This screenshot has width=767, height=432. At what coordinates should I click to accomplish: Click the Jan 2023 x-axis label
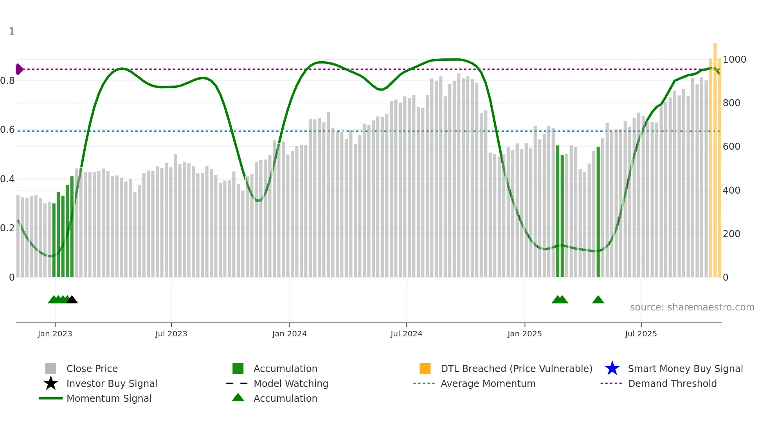coord(55,334)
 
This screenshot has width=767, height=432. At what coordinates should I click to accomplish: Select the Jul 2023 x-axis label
coord(171,334)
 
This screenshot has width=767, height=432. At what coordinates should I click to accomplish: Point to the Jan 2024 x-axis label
coord(289,334)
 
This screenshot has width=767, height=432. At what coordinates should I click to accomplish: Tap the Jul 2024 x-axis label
coord(406,334)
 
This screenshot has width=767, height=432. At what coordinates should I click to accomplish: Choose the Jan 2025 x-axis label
coord(524,334)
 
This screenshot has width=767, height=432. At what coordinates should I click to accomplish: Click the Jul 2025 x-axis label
coord(641,334)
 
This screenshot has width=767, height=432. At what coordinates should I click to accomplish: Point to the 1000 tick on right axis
coord(734,59)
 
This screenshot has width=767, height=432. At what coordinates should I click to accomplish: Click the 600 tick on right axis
coord(731,147)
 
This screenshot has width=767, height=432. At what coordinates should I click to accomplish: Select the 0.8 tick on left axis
coord(7,81)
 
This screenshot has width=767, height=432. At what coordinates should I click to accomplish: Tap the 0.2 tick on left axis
coord(7,228)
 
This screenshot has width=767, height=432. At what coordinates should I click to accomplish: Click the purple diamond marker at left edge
coord(19,69)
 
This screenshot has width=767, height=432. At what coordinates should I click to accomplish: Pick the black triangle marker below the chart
coord(72,300)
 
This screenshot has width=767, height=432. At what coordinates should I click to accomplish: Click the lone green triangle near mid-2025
coord(598,300)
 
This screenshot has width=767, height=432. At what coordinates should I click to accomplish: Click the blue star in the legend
coord(612,368)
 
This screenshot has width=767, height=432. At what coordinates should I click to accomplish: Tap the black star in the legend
coord(51,383)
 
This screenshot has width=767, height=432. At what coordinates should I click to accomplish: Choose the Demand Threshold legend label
coord(672,383)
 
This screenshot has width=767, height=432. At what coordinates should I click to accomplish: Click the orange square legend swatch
coord(425,368)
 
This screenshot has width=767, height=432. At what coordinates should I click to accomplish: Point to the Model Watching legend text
coord(291,383)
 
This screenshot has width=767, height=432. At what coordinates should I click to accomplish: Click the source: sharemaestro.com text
coord(692,307)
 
